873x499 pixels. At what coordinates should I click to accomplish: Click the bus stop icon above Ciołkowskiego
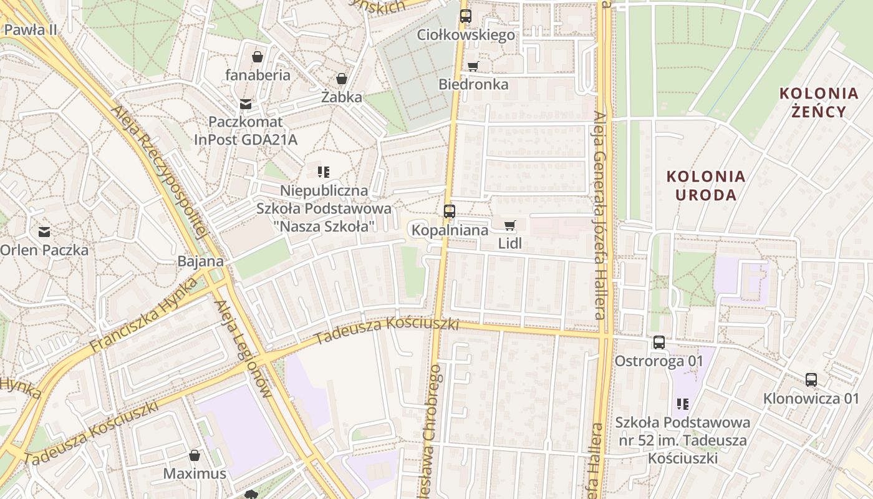[465, 16]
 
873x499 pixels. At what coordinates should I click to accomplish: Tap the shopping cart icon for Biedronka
[473, 66]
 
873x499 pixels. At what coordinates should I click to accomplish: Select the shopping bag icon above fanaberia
[258, 57]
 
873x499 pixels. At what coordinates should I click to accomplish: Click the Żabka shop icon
[341, 79]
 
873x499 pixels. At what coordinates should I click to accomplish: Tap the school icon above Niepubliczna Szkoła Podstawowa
[323, 172]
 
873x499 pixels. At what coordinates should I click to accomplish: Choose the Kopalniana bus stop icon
[449, 211]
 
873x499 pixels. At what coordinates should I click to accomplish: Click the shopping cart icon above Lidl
[509, 225]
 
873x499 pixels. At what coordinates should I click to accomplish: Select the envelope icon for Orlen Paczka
[44, 232]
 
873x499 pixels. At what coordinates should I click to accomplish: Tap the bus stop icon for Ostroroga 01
[658, 342]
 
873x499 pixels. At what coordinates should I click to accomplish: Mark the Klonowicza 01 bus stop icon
[811, 380]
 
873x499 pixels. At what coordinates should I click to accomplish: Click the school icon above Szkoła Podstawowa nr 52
[682, 404]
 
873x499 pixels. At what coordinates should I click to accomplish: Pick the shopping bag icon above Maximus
[195, 455]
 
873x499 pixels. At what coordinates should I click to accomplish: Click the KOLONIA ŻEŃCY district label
[819, 103]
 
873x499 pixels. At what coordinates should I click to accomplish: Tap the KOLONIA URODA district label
[706, 185]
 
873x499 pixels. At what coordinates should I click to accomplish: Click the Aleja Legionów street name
[243, 349]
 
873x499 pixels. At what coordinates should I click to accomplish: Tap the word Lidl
[509, 243]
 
